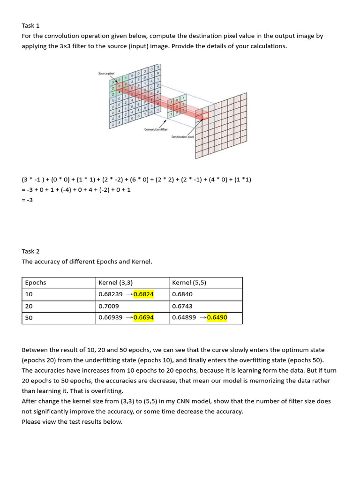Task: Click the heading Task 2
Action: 30,251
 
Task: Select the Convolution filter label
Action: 156,129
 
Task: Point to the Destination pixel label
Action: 183,136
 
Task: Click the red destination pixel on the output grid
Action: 202,115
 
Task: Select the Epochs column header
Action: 36,283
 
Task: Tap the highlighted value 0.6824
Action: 143,294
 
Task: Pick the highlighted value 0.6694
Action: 143,318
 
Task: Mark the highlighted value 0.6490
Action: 217,318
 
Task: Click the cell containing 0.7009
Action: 109,306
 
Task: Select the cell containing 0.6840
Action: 182,294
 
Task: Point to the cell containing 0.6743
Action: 182,306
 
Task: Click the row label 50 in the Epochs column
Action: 29,318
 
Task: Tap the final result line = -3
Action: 27,200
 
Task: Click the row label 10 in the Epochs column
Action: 29,294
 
